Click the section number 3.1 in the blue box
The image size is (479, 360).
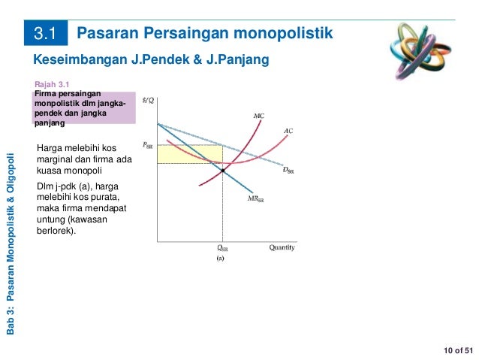coord(46,34)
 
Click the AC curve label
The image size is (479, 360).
coord(288,130)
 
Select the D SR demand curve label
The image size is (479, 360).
coord(288,170)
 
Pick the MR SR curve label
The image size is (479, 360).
coord(256,199)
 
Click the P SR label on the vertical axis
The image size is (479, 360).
coord(149,144)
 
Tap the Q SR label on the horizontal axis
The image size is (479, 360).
coord(222,248)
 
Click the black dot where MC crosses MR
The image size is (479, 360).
coord(223,171)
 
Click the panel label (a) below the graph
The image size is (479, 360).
coord(221,258)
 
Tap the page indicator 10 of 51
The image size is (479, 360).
coord(458,350)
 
